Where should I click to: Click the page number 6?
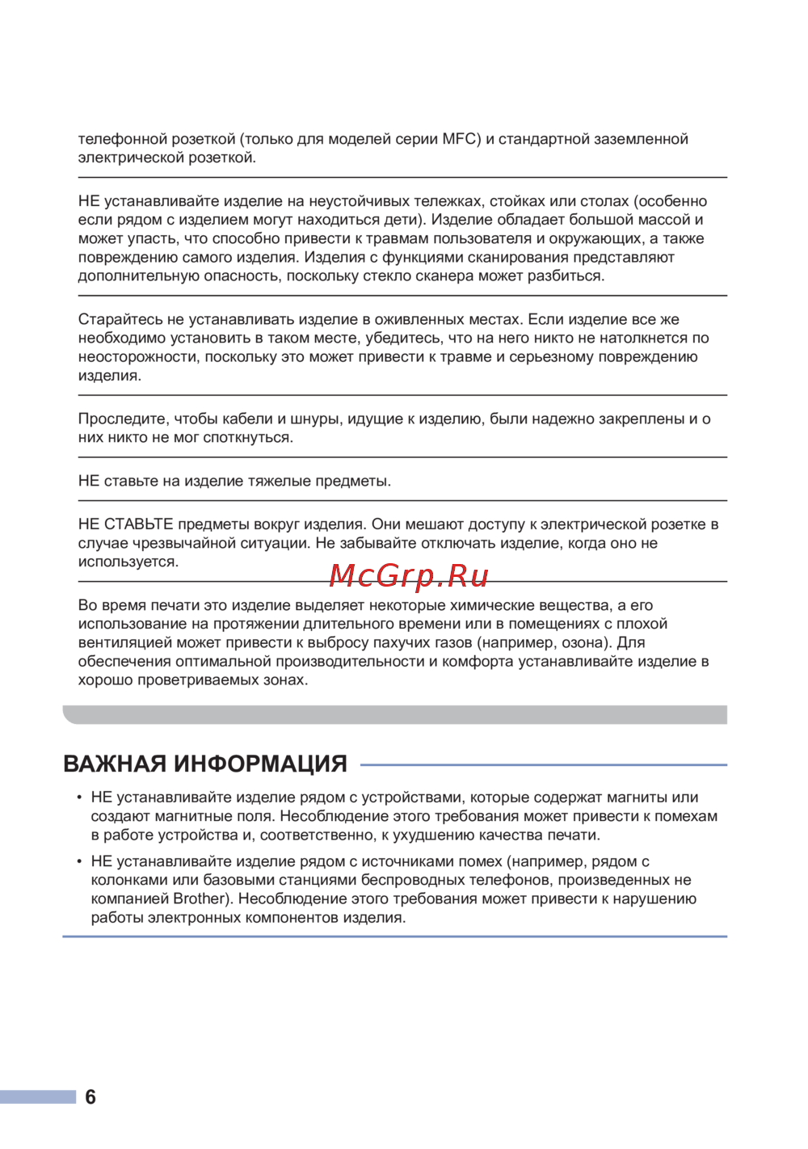[x=90, y=1096]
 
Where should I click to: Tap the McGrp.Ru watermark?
[x=409, y=575]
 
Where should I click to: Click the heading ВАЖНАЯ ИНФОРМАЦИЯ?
[x=205, y=764]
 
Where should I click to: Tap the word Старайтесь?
[x=120, y=319]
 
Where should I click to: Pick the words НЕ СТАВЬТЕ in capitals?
[x=126, y=524]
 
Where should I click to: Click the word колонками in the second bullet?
[x=129, y=880]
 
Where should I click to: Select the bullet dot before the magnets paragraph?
[x=79, y=798]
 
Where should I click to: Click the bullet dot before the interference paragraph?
[x=79, y=861]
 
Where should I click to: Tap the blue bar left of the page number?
[x=38, y=1096]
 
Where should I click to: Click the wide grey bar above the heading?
[x=394, y=714]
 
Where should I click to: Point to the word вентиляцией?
[x=125, y=642]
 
